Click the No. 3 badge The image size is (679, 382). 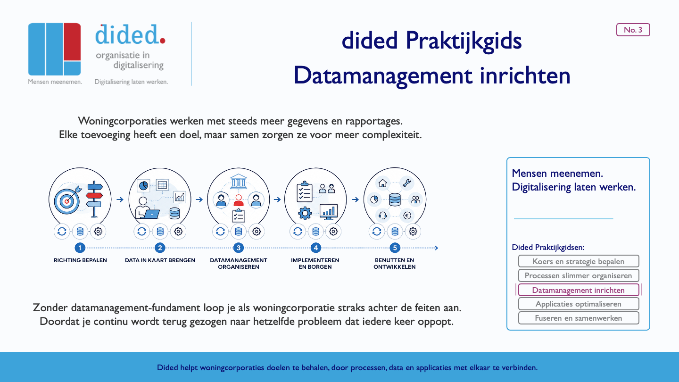pos(633,30)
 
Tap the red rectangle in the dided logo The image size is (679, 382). pos(72,42)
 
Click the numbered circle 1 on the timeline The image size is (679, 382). pos(80,248)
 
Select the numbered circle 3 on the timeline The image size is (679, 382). pos(238,248)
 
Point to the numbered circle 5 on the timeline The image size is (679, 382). pos(395,248)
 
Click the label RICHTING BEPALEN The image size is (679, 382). pos(80,260)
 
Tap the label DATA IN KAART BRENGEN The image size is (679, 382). pos(160,260)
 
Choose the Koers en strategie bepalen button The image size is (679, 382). pos(579,261)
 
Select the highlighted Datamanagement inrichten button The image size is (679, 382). pos(579,290)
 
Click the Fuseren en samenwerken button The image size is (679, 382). pos(579,318)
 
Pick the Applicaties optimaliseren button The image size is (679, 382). pos(579,304)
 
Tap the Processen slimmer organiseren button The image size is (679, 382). pos(579,275)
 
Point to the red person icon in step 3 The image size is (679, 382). pos(239,200)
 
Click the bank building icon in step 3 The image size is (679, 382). pos(239,181)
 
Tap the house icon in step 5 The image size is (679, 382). pos(382,183)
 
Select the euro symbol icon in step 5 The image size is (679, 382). pos(407,215)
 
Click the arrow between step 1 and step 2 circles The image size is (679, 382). pos(120,199)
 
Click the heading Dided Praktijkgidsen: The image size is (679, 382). pos(548,248)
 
